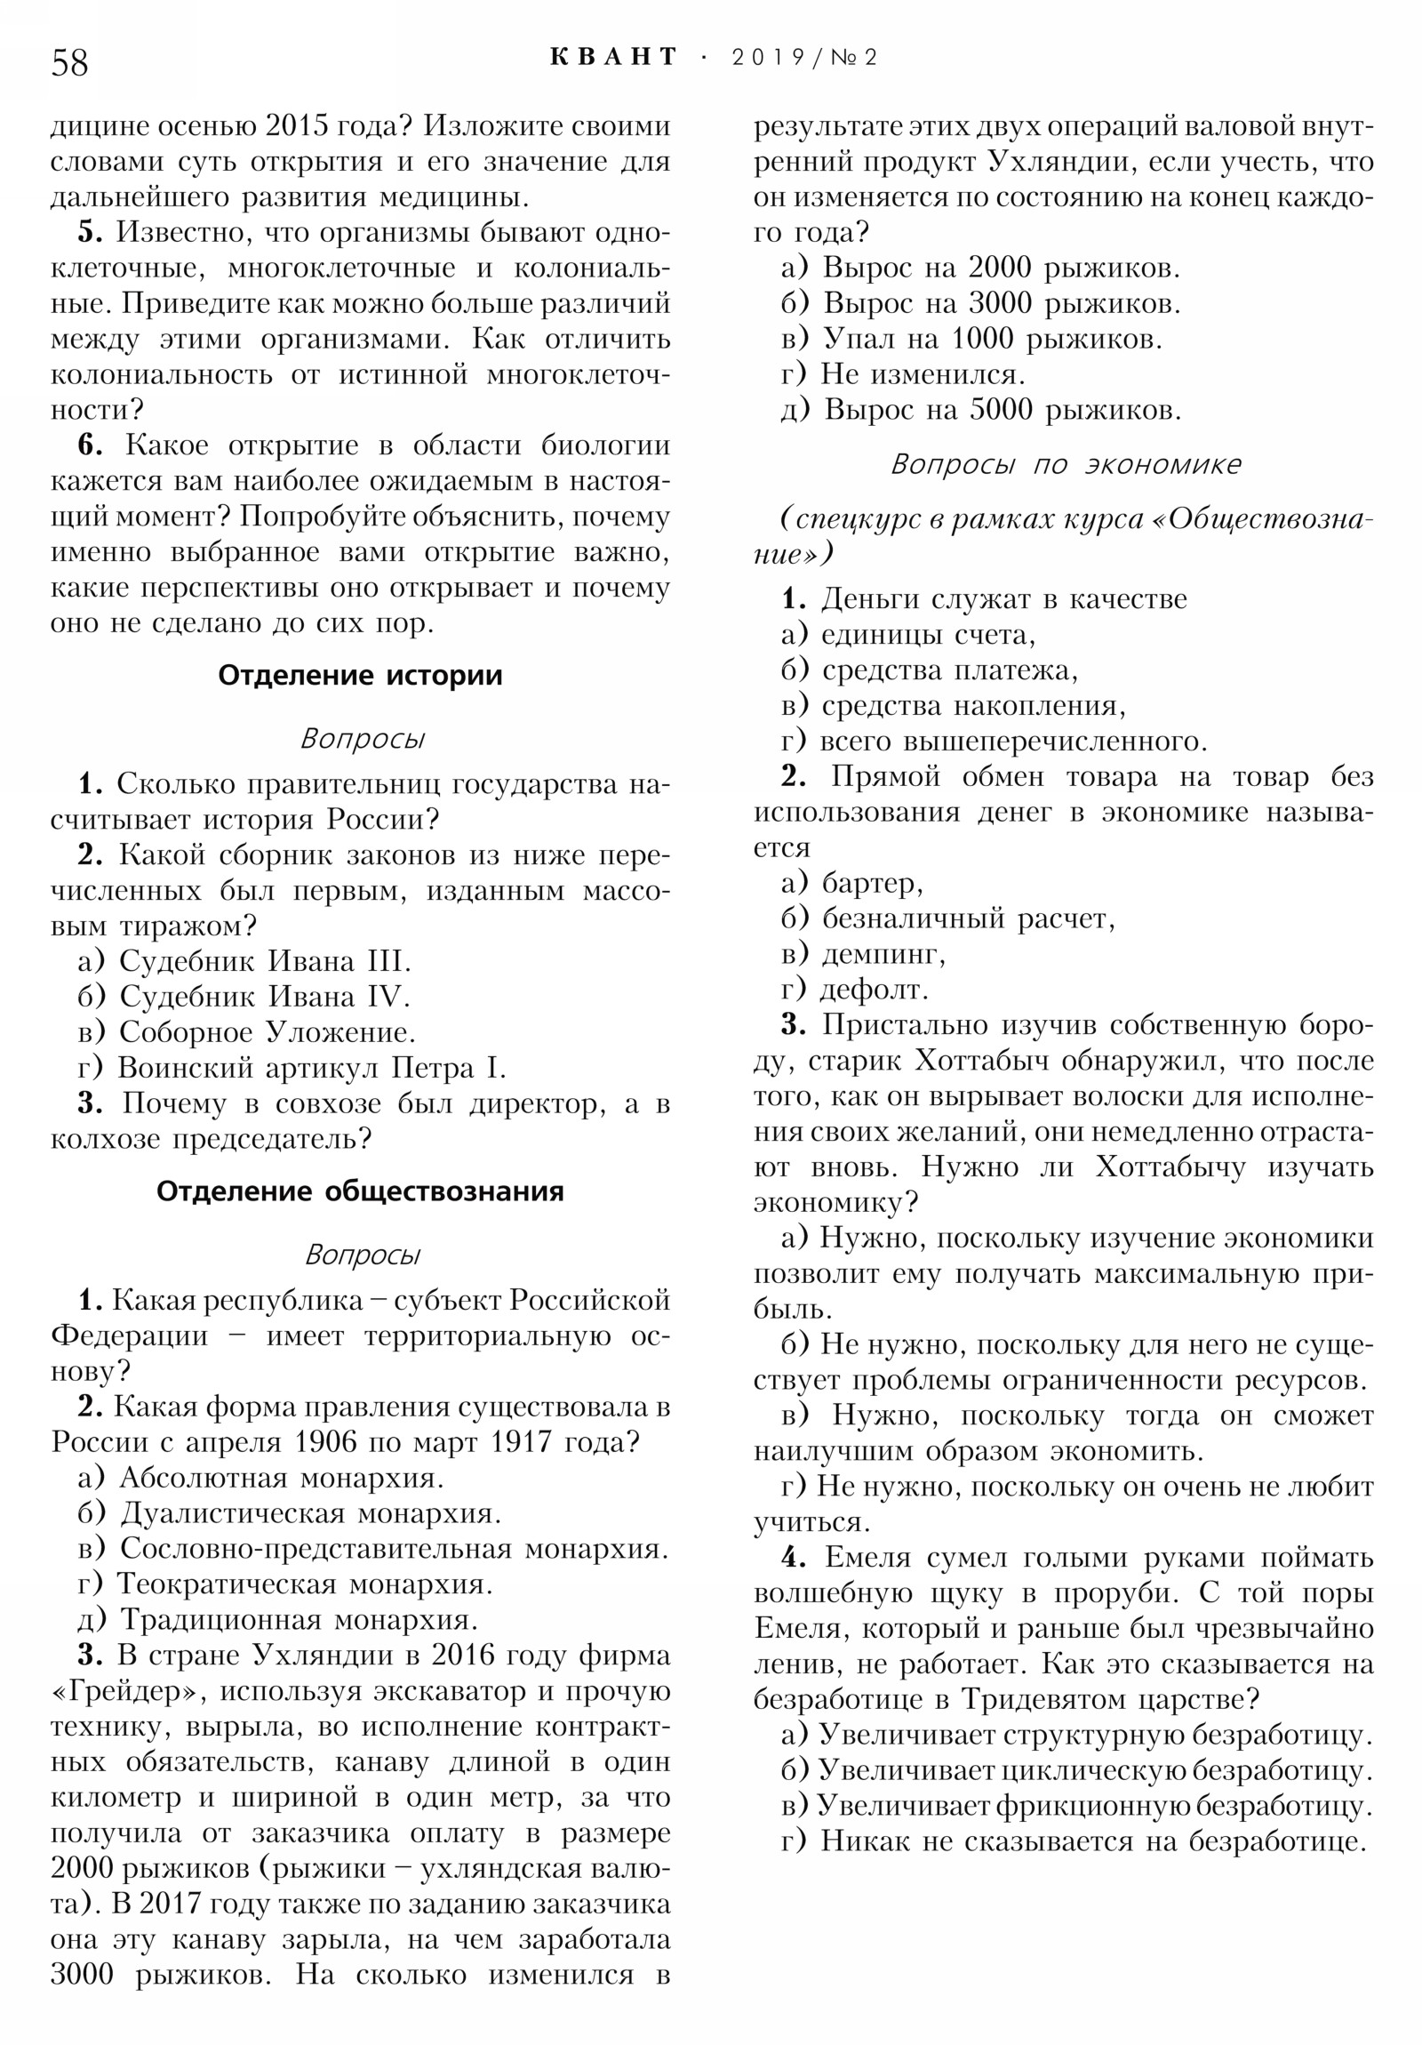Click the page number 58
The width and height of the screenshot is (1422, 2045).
pyautogui.click(x=69, y=62)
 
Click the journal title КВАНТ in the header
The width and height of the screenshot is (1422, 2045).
pyautogui.click(x=613, y=57)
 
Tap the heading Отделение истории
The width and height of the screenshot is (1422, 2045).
pyautogui.click(x=360, y=675)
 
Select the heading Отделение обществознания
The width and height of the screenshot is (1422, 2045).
pyautogui.click(x=360, y=1191)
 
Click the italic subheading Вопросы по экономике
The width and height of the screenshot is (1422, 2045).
pyautogui.click(x=1065, y=464)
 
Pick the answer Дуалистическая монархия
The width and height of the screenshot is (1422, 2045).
pyautogui.click(x=311, y=1512)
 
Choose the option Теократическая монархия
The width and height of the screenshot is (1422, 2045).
pyautogui.click(x=305, y=1584)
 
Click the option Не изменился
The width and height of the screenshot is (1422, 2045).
pyautogui.click(x=923, y=374)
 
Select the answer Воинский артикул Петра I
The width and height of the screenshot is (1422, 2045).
pyautogui.click(x=311, y=1067)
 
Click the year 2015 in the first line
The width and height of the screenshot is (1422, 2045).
pyautogui.click(x=299, y=125)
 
